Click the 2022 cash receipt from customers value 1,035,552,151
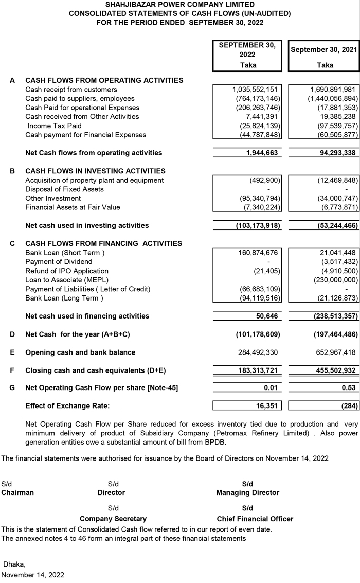[x=255, y=90]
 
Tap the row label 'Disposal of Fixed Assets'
[x=64, y=189]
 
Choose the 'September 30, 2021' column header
[x=323, y=50]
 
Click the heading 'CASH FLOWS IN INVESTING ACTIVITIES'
[x=95, y=171]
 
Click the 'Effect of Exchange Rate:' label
[x=67, y=406]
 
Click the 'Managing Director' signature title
[x=247, y=492]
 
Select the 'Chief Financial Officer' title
[x=255, y=519]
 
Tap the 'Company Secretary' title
[x=113, y=519]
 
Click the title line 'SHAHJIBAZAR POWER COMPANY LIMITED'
[x=179, y=4]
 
